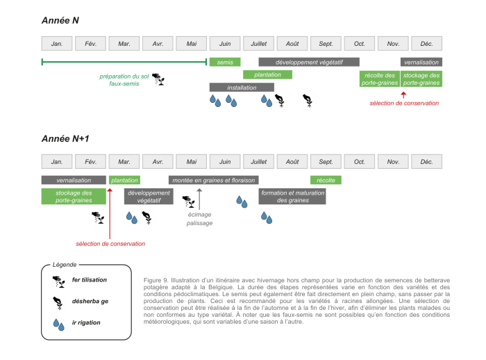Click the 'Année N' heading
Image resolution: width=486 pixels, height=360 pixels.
point(60,21)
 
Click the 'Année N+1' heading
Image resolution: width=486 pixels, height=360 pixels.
point(65,138)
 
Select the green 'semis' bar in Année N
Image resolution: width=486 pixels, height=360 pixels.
point(225,62)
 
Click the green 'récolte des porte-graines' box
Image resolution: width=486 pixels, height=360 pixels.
point(379,79)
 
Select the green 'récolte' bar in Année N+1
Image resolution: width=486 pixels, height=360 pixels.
point(326,180)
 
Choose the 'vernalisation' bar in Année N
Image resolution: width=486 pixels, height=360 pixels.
point(421,62)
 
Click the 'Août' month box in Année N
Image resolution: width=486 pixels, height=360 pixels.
point(293,44)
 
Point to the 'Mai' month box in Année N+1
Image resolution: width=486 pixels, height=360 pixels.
point(192,161)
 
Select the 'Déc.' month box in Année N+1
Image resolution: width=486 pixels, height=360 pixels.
point(426,161)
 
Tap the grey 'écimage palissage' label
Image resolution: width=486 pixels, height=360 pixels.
point(199,219)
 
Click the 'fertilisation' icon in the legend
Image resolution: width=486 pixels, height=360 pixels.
point(59,281)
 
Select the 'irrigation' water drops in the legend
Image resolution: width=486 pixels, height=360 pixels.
point(59,323)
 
